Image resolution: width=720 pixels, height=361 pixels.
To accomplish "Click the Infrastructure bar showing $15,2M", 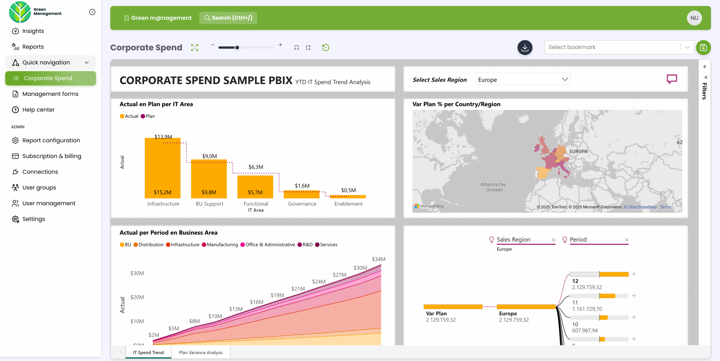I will click(163, 169).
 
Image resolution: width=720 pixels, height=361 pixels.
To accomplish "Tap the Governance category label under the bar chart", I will click(302, 204).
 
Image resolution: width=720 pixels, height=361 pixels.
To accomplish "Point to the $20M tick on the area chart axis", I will click(137, 297).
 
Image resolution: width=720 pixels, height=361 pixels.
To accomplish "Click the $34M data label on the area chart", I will click(379, 259).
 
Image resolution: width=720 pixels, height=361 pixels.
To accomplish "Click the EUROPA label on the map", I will click(578, 151).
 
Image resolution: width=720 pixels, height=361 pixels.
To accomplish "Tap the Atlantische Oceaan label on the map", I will click(493, 187).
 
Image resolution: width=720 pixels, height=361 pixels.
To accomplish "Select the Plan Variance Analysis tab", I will click(201, 352).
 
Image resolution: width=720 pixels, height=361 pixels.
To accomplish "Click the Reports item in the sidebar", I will click(33, 47).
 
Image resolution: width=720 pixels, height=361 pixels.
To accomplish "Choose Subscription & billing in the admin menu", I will click(52, 156).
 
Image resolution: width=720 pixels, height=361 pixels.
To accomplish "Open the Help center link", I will click(38, 110).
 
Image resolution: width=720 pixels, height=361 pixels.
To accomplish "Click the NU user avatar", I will click(694, 18).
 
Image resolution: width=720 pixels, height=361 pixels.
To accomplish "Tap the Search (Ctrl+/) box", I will click(228, 18).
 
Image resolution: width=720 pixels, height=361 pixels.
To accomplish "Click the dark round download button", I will click(525, 47).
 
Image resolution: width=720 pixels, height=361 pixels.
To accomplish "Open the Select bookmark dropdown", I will click(619, 47).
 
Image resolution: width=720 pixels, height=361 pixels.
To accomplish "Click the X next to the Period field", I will click(627, 240).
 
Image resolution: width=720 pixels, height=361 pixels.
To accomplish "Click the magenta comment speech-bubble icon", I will click(672, 79).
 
